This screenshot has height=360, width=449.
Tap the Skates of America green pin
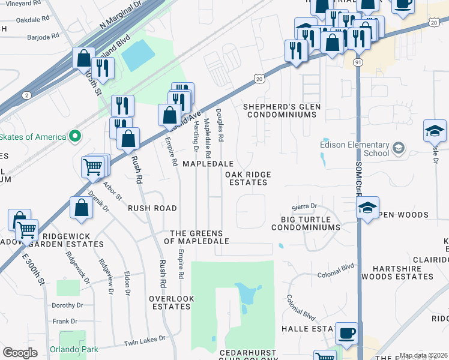tap(75, 137)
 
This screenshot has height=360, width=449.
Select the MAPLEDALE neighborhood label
tap(208, 164)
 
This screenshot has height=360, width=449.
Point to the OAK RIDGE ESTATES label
tap(248, 178)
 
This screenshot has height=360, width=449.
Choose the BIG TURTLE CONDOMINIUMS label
tap(310, 223)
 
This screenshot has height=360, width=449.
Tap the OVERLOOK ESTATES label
tap(171, 302)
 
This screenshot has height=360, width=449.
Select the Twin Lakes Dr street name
tap(144, 341)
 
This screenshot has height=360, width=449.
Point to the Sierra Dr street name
tap(304, 206)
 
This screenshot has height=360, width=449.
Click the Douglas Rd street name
tap(220, 125)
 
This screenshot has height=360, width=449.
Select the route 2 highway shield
tap(26, 95)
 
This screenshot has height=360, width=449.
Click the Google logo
tap(20, 353)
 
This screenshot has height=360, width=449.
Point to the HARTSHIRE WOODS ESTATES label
tap(402, 272)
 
